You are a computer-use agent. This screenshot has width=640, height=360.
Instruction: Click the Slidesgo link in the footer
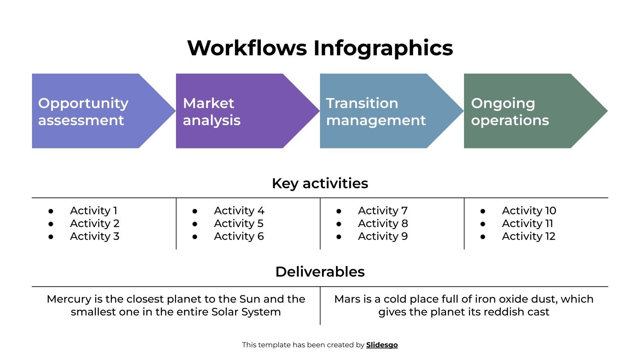point(382,345)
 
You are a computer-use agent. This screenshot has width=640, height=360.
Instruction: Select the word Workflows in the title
point(246,48)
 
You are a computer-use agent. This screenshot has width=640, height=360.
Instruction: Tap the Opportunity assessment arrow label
point(83,112)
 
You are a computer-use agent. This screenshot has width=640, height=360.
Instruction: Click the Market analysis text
point(212,112)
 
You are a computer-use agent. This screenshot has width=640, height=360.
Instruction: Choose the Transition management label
point(376,112)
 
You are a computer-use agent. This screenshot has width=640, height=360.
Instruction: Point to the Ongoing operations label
point(510,112)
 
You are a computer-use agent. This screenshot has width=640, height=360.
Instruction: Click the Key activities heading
point(320,183)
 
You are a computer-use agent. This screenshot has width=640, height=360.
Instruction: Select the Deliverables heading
point(320,272)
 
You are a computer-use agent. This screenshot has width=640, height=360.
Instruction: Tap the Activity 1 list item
point(94,210)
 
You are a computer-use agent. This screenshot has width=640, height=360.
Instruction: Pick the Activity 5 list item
point(238,223)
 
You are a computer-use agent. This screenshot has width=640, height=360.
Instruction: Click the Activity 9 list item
point(383,236)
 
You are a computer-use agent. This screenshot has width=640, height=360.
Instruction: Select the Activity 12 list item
point(528,236)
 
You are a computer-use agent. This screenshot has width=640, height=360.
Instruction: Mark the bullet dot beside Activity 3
point(51,237)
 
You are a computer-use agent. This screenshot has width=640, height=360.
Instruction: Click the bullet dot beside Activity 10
point(483,211)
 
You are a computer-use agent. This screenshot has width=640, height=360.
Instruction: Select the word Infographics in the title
point(383,48)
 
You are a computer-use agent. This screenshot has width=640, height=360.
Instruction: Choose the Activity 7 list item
point(382,210)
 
